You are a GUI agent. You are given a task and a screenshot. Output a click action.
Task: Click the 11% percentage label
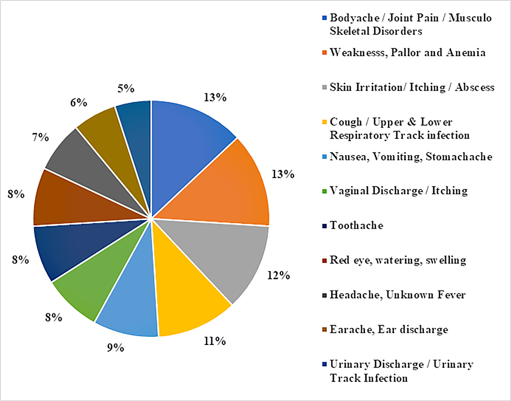(214, 341)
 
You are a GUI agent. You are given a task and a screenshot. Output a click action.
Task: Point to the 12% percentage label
(278, 275)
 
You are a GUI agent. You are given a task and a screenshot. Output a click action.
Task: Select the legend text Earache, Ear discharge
(389, 329)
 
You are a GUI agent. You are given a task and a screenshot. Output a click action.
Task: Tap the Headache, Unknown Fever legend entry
(398, 295)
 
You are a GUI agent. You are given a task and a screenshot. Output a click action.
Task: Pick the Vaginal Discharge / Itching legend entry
(399, 191)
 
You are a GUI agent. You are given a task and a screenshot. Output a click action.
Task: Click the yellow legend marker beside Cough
(324, 122)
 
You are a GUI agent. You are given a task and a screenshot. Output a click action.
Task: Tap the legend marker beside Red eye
(324, 260)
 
